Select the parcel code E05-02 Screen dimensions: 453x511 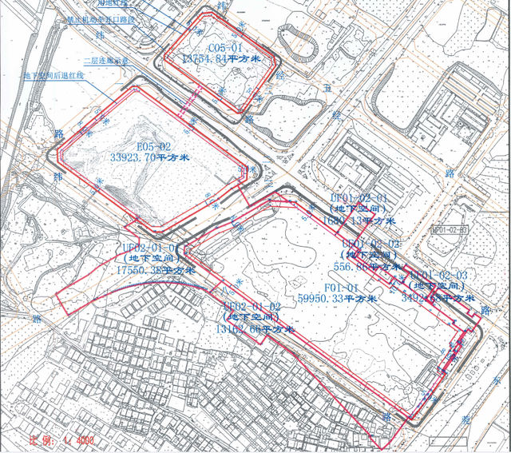(x=154, y=147)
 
